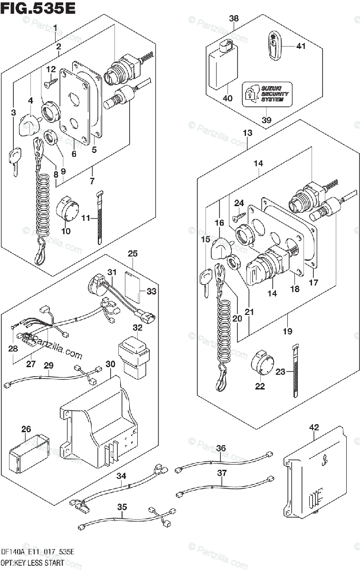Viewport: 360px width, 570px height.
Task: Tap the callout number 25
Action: click(x=133, y=254)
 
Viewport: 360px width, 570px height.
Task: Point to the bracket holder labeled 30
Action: click(x=100, y=418)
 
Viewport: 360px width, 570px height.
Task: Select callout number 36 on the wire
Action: click(x=221, y=448)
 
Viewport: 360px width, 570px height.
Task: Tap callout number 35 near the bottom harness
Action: click(x=122, y=507)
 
